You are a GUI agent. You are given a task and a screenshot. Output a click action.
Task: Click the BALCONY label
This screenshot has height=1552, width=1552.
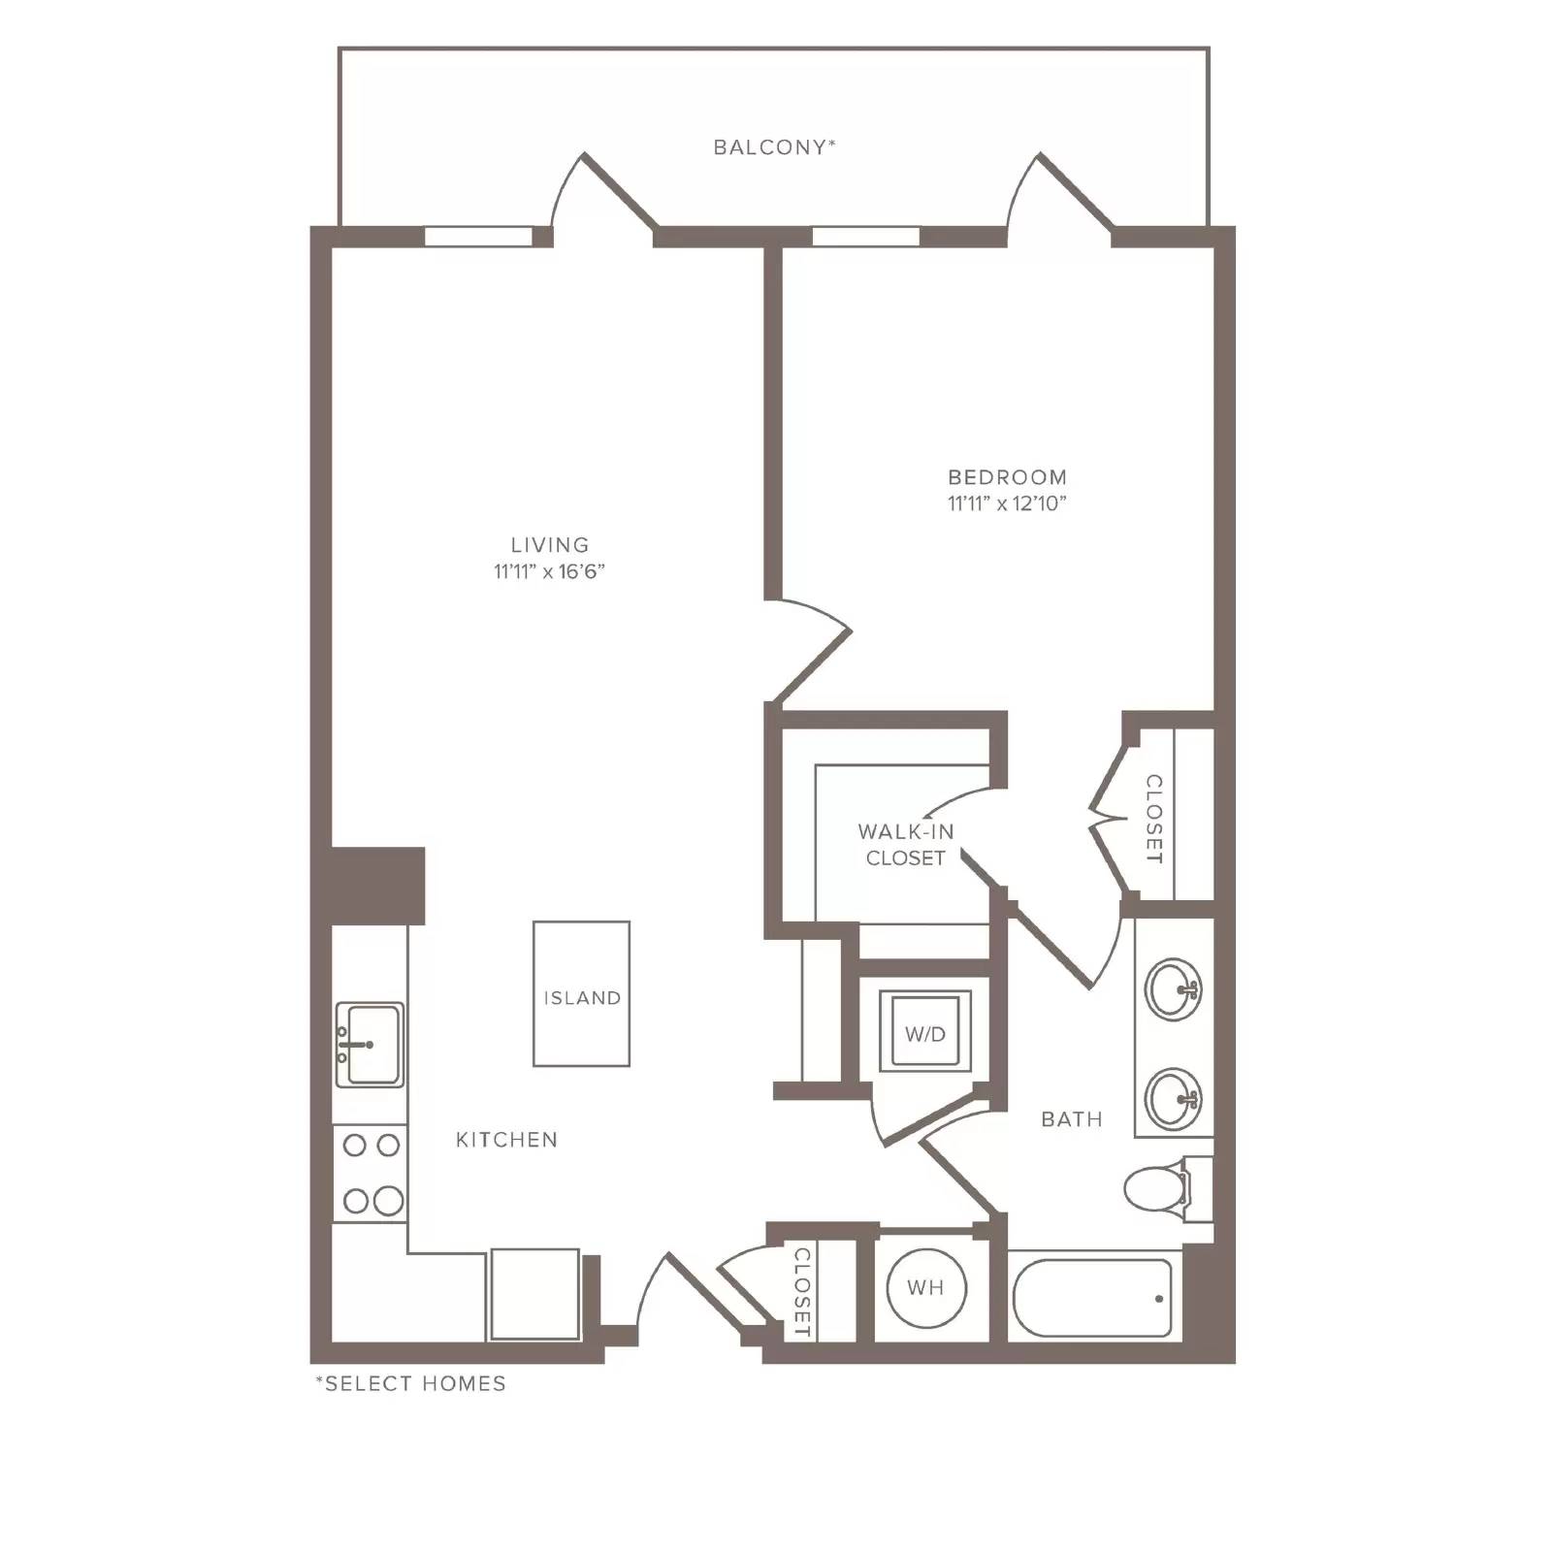tap(774, 147)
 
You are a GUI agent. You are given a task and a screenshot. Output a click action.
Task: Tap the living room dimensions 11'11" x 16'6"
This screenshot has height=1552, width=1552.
tap(549, 571)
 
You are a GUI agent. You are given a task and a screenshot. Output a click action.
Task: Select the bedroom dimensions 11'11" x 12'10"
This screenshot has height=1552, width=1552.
tap(1007, 503)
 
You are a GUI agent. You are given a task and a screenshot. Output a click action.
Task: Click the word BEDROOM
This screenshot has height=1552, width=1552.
tap(1007, 477)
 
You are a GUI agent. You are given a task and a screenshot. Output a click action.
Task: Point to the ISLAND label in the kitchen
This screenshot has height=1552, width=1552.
tap(582, 998)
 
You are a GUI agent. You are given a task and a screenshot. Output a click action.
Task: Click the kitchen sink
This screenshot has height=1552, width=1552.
tap(370, 1045)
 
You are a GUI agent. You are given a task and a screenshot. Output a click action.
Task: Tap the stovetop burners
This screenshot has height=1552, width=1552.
tap(371, 1174)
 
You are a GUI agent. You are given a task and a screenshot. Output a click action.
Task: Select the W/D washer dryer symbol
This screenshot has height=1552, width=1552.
tap(924, 1032)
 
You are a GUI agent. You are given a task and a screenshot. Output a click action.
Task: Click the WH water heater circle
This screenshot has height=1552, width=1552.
tap(926, 1287)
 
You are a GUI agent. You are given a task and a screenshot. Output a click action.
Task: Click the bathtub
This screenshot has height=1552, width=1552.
tap(1093, 1298)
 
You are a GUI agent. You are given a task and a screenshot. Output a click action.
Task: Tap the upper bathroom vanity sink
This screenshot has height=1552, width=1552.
tap(1174, 989)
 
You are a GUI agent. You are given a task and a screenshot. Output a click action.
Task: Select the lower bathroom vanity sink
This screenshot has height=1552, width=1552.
tap(1174, 1098)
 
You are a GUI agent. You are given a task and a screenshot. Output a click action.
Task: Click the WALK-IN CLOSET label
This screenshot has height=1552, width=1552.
tap(906, 845)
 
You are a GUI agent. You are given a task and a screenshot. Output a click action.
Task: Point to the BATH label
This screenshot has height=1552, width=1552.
tap(1072, 1119)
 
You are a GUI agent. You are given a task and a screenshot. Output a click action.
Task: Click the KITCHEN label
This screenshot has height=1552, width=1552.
tap(506, 1140)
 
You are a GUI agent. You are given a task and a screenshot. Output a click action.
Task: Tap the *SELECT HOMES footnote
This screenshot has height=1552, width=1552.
tap(410, 1383)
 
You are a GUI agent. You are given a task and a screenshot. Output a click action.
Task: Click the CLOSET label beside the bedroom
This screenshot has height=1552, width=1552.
tap(1154, 819)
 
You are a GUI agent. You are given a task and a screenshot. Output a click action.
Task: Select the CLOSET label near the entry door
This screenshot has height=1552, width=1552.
tap(802, 1292)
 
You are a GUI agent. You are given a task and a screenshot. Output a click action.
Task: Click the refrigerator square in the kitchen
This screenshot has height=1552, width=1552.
tap(534, 1294)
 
